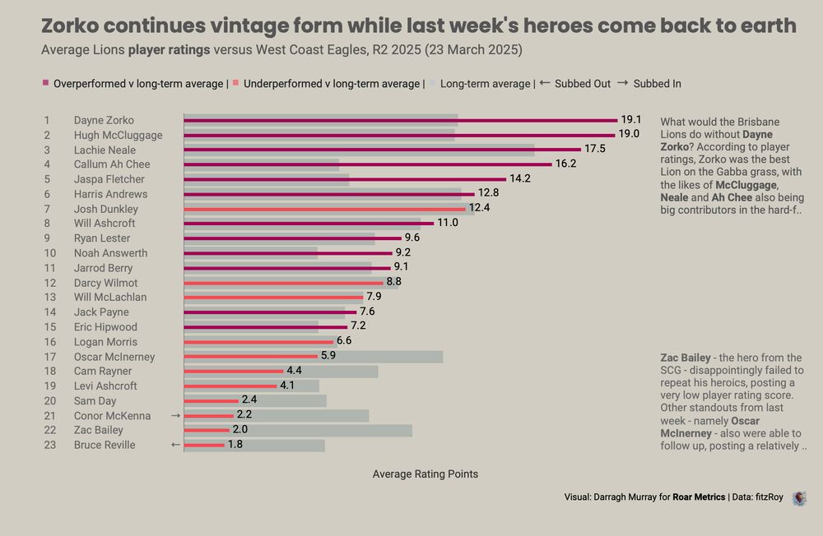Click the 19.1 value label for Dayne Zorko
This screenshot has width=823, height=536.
coord(631,120)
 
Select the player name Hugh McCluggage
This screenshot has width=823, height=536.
coord(118,135)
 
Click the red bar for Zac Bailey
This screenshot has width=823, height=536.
coord(207,430)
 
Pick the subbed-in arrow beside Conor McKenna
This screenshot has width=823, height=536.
coord(175,416)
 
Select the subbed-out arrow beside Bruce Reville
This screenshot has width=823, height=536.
coord(174,445)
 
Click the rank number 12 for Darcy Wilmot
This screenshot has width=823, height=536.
coord(50,283)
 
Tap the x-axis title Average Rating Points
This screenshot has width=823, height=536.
coord(425,474)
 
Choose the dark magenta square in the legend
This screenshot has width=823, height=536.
coord(45,84)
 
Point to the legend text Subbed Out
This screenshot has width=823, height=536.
coord(583,84)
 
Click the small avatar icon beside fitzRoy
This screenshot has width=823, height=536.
coord(798,497)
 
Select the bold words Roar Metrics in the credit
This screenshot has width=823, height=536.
coord(699,497)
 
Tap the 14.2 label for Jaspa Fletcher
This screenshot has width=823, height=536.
coord(520,179)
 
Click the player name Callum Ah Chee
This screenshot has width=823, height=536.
coord(111,164)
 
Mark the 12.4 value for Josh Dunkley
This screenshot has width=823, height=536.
coord(479,209)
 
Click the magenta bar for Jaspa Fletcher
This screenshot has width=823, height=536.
coord(345,179)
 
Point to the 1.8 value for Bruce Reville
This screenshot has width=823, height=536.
coord(235,445)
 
